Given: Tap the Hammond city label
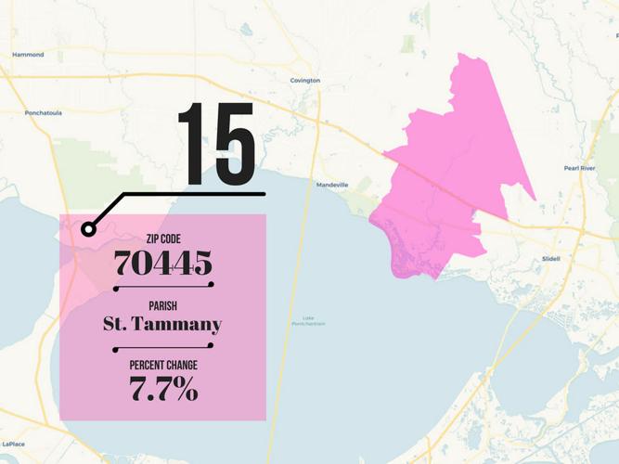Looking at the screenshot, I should point(28,55).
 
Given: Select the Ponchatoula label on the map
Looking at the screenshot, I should point(43,113).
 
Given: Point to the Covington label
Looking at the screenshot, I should point(305,81).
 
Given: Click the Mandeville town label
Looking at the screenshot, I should point(332,185).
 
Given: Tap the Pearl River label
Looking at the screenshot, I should point(579,168).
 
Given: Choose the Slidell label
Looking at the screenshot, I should point(550,258).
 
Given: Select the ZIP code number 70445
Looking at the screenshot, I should point(163,264).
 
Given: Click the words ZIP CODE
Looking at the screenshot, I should point(163,239).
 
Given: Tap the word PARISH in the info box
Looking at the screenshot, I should point(163,305).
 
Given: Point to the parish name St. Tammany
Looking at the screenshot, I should point(163,324).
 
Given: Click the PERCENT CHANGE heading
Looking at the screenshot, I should point(163,366).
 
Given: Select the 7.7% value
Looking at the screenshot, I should point(163,389).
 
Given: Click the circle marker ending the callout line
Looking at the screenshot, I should point(88,229).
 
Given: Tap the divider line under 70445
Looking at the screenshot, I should point(163,287).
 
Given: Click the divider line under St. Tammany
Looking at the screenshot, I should point(163,348).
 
